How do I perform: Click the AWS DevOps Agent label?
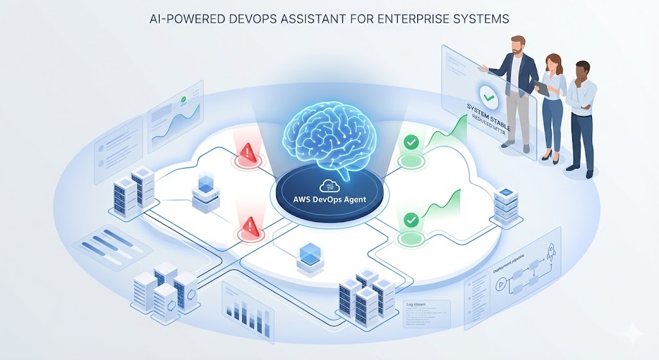(x=329, y=199)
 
